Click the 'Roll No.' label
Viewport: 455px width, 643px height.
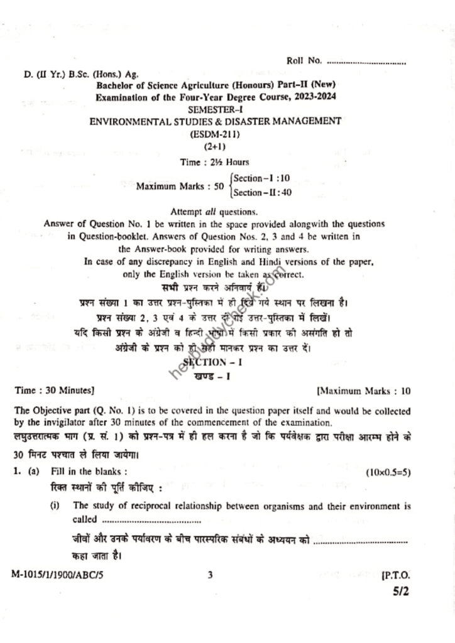(x=304, y=61)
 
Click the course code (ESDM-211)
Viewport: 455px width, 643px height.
(x=216, y=133)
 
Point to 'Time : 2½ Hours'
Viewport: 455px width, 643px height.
(x=214, y=162)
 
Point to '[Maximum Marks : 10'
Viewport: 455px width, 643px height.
(x=364, y=391)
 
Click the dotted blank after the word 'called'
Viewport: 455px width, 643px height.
(x=151, y=520)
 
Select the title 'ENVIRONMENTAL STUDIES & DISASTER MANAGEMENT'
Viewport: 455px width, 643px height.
(x=216, y=121)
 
